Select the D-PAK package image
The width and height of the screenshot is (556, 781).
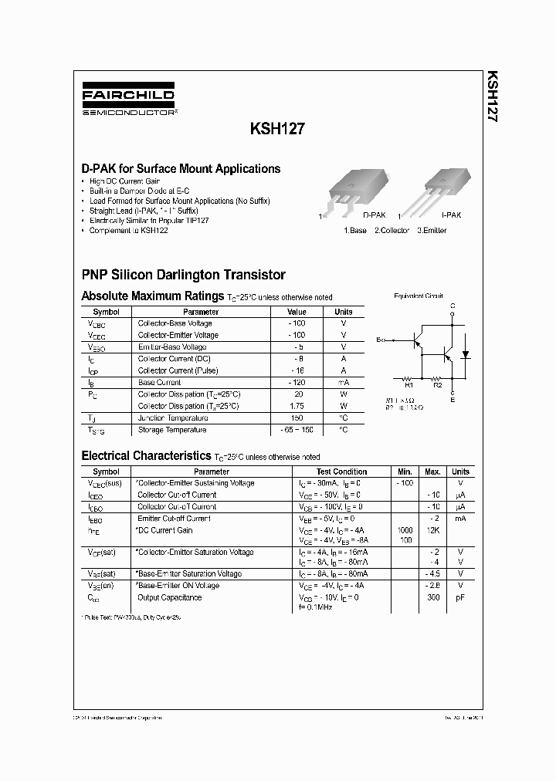[x=352, y=190]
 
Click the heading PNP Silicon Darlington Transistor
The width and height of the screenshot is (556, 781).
[x=183, y=275]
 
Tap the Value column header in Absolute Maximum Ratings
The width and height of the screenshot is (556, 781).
[x=297, y=312]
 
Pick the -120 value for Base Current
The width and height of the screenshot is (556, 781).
[x=297, y=382]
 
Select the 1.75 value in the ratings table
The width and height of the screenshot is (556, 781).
[x=297, y=406]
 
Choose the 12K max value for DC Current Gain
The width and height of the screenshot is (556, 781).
[x=433, y=530]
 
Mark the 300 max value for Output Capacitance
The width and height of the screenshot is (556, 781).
[x=433, y=597]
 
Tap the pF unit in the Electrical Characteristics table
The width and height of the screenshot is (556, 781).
[x=460, y=597]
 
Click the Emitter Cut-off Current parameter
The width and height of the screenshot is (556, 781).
[x=174, y=519]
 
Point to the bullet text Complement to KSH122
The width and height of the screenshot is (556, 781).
[x=128, y=231]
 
